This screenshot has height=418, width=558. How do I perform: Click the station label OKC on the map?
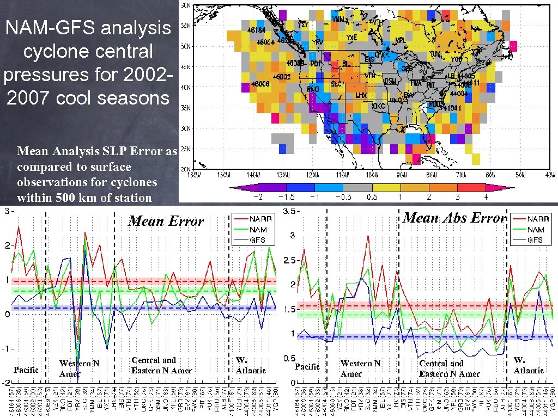379,106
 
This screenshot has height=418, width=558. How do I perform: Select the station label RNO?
313,88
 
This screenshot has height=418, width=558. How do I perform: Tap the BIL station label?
347,64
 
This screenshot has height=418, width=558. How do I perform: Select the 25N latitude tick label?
185,149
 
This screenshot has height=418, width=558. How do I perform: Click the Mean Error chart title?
166,222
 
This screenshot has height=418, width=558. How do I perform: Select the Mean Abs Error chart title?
455,218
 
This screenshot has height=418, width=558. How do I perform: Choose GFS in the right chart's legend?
535,239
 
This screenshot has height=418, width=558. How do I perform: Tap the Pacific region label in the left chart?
26,370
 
